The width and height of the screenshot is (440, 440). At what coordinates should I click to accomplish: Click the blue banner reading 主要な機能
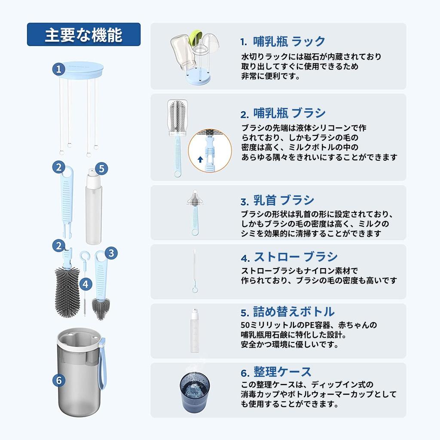(84, 34)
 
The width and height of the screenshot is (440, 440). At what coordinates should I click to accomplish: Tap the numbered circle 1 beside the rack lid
(59, 69)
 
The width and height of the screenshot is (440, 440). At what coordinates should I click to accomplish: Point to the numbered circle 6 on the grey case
(59, 380)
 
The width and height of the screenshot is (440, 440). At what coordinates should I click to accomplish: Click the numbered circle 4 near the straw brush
(86, 284)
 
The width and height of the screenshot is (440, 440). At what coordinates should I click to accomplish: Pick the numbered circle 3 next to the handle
(111, 253)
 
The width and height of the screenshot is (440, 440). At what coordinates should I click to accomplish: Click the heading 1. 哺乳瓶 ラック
(283, 42)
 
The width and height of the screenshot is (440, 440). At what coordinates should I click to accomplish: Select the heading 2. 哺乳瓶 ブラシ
(283, 113)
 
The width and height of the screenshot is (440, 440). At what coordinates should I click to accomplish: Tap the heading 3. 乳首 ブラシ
(277, 201)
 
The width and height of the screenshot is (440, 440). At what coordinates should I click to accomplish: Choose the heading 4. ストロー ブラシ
(289, 257)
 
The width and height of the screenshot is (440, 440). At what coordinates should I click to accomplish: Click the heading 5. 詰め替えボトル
(287, 312)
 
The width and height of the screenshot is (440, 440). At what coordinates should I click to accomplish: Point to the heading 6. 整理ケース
(276, 371)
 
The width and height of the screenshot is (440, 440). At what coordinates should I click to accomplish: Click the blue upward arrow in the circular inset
(200, 159)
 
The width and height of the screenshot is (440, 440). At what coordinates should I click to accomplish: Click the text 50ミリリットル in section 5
(263, 325)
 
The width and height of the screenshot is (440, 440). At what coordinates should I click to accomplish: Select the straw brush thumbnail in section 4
(195, 271)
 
